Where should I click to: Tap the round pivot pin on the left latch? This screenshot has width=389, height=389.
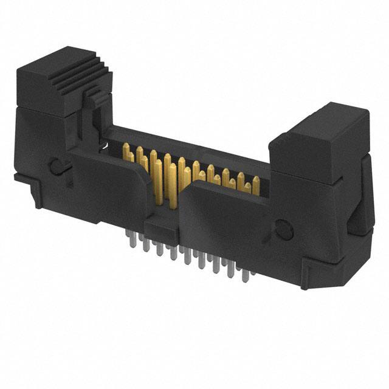pos(55,166)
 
